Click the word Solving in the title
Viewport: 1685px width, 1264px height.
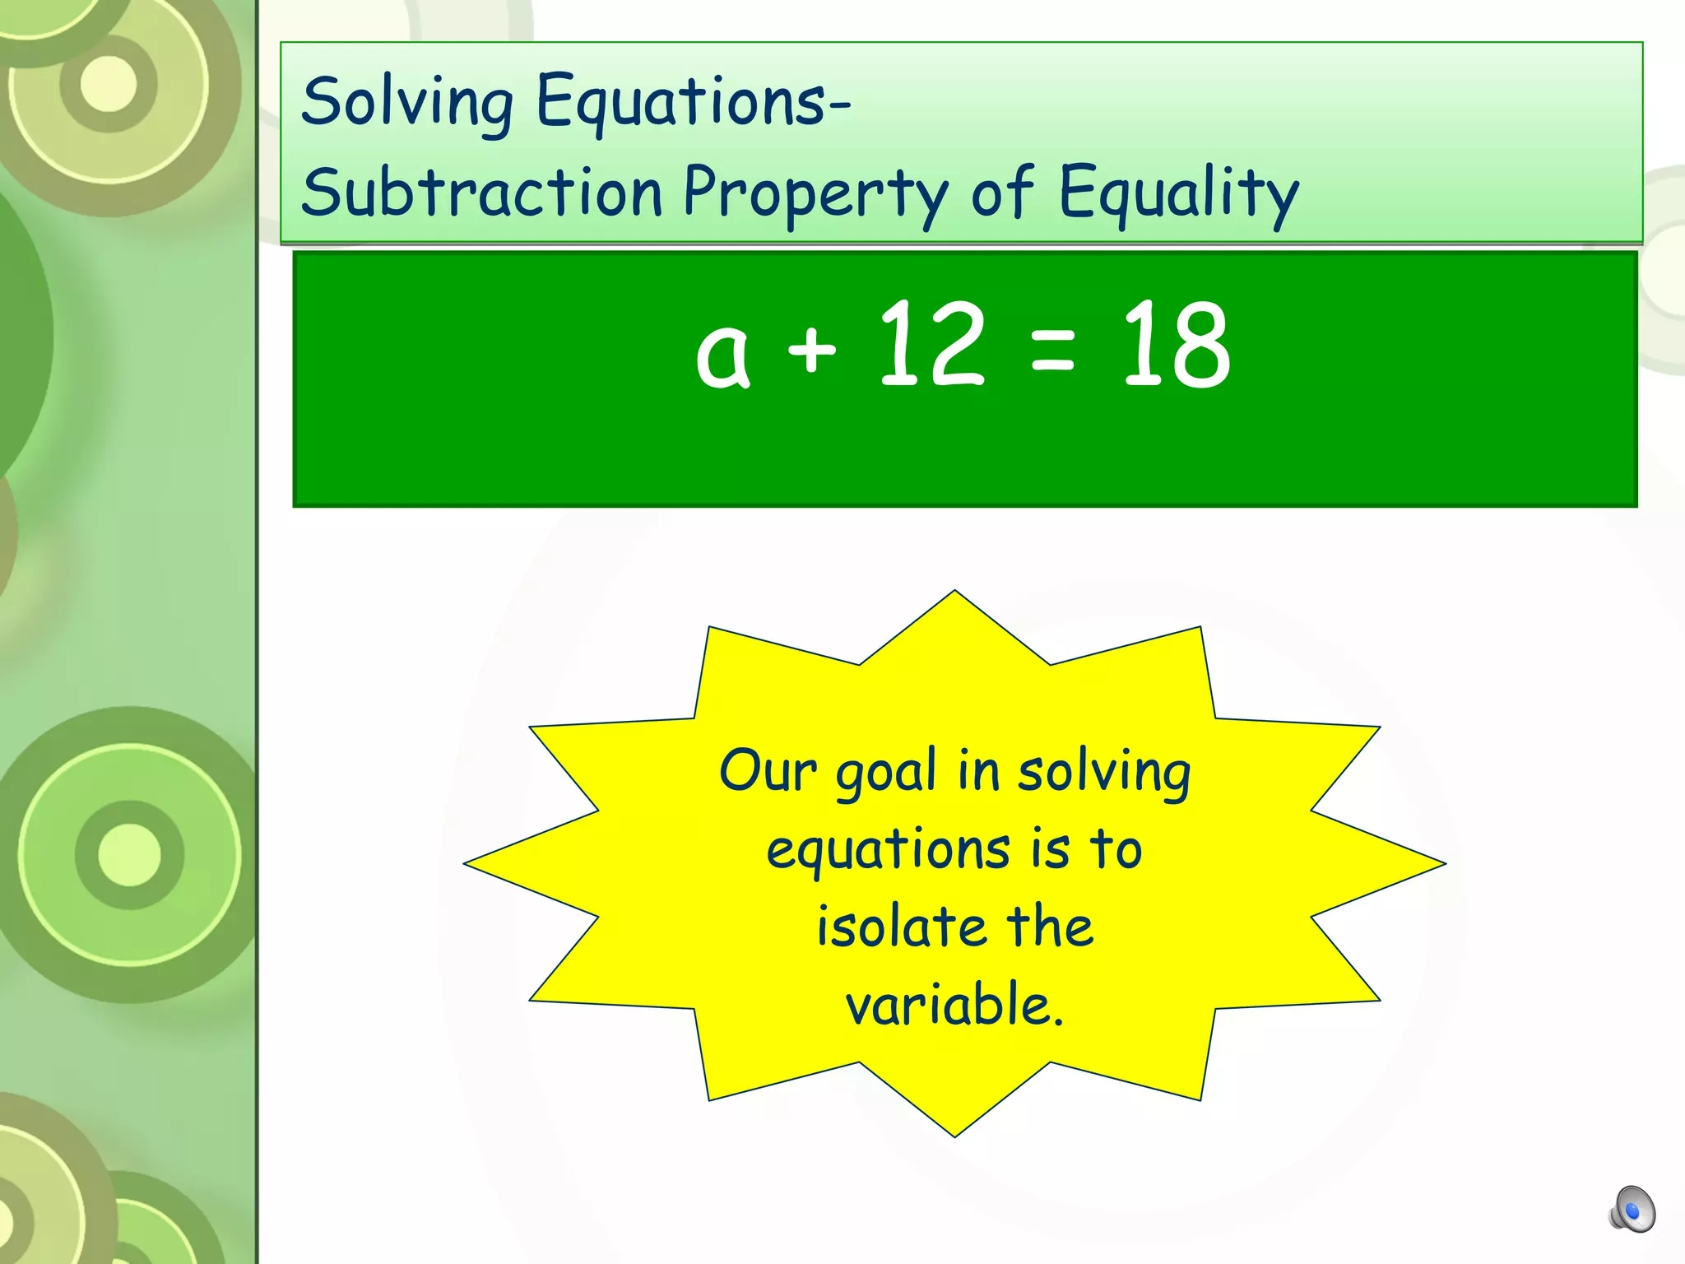coord(407,103)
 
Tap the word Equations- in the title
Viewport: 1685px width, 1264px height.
coord(693,103)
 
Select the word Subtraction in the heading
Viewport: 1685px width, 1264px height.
coord(481,193)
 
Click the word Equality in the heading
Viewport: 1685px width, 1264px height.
coord(1178,194)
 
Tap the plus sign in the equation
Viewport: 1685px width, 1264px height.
coord(811,349)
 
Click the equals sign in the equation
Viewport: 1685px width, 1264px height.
coord(1052,349)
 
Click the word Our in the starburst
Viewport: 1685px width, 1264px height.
coord(768,772)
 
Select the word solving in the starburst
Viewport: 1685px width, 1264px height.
coord(1104,774)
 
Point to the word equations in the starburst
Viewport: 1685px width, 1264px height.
coord(888,851)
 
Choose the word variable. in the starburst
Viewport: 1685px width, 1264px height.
coord(954,1004)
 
